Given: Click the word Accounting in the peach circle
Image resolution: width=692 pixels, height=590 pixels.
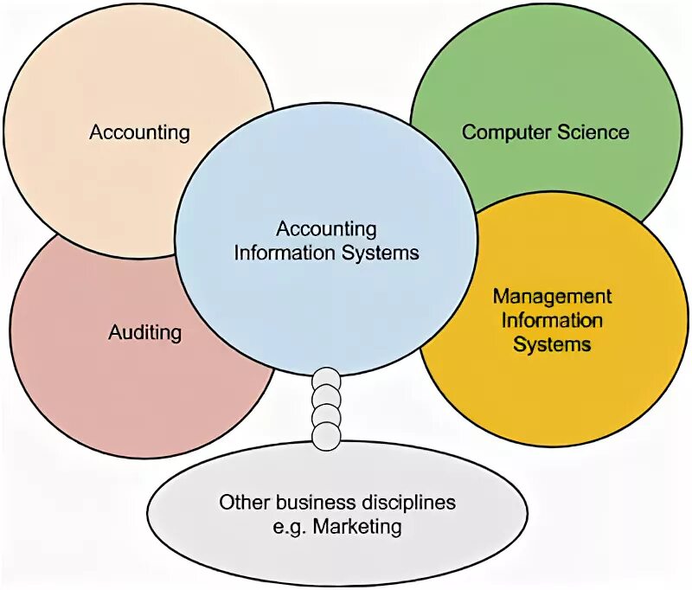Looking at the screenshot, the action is pos(139,132).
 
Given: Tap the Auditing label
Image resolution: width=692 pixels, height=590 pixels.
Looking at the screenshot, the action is pos(145,332).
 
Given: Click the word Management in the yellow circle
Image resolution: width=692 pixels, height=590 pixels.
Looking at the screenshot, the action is pos(552,297).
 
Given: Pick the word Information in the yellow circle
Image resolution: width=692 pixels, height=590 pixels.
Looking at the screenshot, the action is pos(552,320).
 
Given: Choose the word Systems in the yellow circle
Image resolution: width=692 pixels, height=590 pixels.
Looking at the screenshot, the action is pos(552,343).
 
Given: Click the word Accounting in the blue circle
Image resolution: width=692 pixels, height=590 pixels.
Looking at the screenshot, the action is pos(326,229).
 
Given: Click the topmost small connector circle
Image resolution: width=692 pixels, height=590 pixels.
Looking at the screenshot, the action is pos(326,378).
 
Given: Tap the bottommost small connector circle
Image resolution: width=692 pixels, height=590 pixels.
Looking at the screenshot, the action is pos(326,436).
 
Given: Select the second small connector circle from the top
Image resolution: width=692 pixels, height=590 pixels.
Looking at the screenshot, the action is pos(326,397).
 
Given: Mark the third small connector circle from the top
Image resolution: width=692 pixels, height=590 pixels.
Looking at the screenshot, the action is pos(326,417).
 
